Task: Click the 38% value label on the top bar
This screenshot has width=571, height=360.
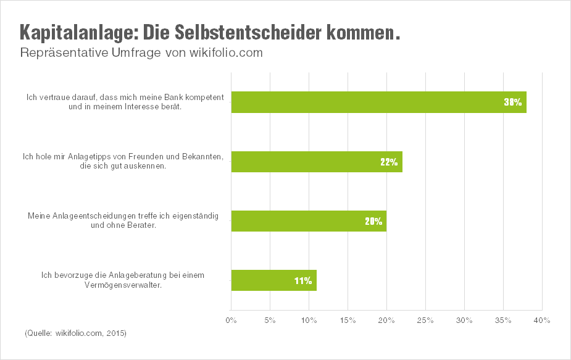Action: [x=513, y=103]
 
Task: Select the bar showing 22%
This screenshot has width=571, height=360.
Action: [x=316, y=162]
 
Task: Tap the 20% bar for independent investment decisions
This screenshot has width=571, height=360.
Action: [x=309, y=221]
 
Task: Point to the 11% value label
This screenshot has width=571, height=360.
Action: [x=303, y=281]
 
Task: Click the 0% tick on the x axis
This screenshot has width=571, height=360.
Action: [x=231, y=320]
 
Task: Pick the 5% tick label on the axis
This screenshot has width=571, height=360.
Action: [x=270, y=320]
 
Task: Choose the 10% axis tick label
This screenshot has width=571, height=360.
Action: [x=309, y=320]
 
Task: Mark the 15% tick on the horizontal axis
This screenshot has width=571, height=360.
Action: [x=348, y=320]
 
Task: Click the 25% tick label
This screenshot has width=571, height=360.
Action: [x=425, y=320]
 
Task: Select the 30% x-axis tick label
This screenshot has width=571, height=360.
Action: [x=464, y=320]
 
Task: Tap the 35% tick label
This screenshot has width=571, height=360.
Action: [x=503, y=320]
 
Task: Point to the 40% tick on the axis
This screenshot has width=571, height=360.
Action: [x=542, y=320]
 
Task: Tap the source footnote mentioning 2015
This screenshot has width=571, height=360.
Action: [x=75, y=333]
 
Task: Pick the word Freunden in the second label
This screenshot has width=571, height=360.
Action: [x=144, y=157]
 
